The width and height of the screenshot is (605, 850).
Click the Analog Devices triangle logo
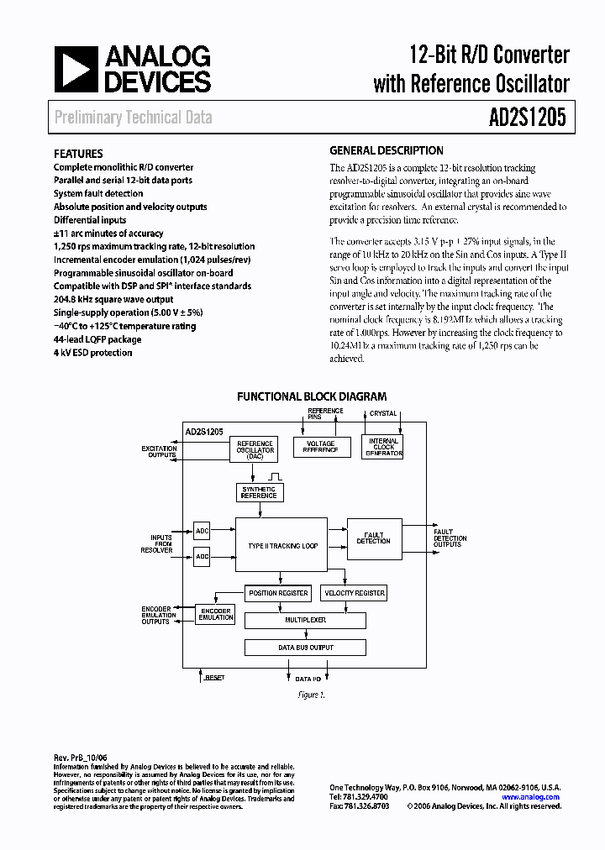coord(75,69)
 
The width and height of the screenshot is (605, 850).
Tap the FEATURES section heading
coord(78,154)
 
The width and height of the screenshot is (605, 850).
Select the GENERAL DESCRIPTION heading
coord(386,151)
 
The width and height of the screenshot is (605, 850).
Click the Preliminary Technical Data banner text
coord(133,118)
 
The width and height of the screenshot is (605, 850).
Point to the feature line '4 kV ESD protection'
coord(92,353)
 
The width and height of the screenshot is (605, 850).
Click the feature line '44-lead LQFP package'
coord(97,339)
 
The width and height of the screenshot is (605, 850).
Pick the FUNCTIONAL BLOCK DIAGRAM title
coord(312,396)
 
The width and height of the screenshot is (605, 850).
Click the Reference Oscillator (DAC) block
coord(255,450)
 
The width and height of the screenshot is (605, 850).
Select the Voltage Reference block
coord(321,447)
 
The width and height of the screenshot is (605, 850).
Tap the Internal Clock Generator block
coord(383,447)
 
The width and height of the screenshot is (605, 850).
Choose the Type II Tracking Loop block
coord(282,546)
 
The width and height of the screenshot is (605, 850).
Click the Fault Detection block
coord(373,538)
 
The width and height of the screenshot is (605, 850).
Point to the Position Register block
coord(278,593)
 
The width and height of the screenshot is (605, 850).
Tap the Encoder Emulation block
coord(216,614)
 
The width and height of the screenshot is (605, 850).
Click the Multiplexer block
coord(305,621)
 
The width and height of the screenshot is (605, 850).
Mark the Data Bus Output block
coord(305,648)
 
